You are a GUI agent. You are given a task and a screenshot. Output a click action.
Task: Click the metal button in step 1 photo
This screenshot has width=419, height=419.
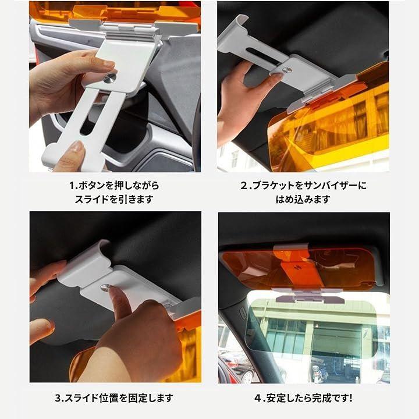tap(109, 78)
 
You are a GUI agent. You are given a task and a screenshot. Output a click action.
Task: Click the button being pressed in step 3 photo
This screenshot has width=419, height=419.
tap(105, 287)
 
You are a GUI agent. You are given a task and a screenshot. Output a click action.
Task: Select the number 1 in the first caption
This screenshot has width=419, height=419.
tap(72, 186)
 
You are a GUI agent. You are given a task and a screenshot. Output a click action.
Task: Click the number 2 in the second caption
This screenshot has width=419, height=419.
tap(244, 186)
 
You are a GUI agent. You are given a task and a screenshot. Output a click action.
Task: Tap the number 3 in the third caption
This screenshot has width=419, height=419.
tap(58, 398)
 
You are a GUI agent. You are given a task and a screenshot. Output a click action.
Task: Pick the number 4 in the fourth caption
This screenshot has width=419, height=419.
tap(258, 398)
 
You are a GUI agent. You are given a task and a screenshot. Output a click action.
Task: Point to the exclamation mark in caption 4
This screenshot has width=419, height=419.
tap(350, 398)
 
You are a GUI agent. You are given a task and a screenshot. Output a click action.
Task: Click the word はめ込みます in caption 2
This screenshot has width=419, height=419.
tap(303, 200)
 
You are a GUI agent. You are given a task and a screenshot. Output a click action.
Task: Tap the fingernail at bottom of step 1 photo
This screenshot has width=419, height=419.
tap(77, 147)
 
